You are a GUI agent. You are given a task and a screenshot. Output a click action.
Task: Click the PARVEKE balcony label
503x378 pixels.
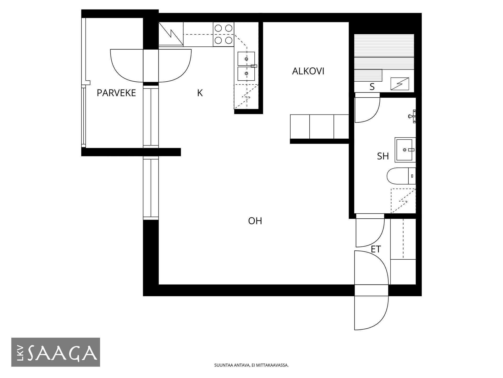(116, 93)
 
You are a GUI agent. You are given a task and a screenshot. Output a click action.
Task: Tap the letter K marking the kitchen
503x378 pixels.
(200, 93)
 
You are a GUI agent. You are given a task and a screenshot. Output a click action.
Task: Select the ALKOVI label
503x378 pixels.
(308, 71)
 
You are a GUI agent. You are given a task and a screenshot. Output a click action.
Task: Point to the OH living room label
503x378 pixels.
(255, 221)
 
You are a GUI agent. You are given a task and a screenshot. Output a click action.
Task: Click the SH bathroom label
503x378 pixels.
(383, 156)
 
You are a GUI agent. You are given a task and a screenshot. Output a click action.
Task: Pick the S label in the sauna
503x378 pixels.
(372, 87)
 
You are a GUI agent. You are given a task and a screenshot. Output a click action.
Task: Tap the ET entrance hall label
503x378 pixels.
(376, 249)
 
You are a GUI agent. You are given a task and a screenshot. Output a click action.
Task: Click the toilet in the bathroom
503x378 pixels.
(401, 176)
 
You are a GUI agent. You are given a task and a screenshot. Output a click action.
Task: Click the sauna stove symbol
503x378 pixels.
(400, 84)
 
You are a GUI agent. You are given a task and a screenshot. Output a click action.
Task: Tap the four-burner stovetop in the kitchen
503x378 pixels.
(223, 34)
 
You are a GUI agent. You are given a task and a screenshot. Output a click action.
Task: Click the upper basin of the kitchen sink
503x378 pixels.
(246, 59)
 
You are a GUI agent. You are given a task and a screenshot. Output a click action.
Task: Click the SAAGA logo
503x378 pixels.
(56, 352)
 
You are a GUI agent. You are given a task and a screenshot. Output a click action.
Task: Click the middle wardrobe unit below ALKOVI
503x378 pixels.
(322, 127)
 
